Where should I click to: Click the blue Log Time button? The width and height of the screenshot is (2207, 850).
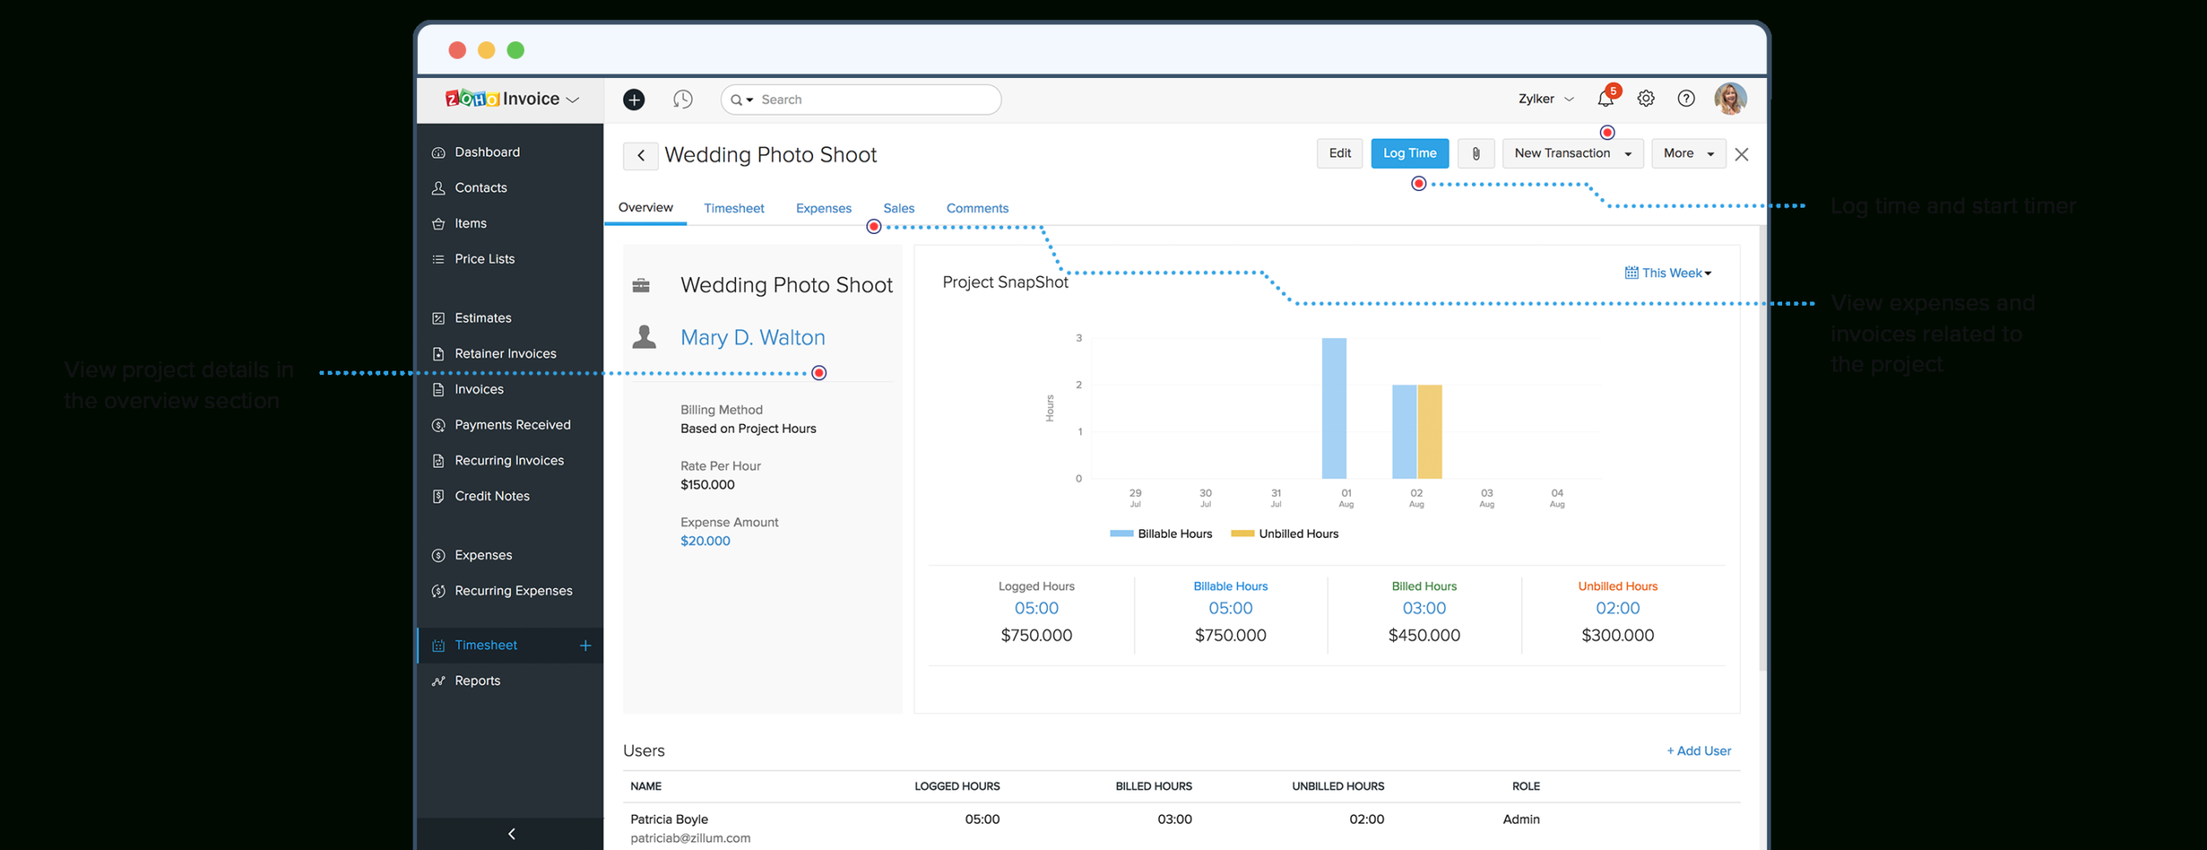point(1409,153)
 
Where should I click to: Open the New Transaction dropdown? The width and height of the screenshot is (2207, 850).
point(1572,153)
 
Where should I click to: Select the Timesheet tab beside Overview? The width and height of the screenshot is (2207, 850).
point(733,209)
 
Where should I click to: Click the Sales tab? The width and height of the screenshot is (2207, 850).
point(898,209)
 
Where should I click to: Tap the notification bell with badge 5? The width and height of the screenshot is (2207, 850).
point(1605,99)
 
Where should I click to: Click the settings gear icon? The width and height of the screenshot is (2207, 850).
point(1645,99)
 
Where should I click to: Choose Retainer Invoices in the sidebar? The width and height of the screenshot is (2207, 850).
point(505,354)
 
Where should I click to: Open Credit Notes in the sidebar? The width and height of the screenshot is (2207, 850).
point(492,496)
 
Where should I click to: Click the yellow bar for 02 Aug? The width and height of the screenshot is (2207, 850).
point(1429,432)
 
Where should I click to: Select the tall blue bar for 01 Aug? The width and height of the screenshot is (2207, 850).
point(1333,408)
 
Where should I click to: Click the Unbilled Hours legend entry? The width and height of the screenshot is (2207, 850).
point(1285,534)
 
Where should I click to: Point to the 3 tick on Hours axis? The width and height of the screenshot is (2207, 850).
point(1079,338)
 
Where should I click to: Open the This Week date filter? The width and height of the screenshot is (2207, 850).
point(1667,273)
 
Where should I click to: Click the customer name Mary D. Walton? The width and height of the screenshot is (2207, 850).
point(752,337)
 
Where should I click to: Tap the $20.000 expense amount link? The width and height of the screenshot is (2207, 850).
point(704,542)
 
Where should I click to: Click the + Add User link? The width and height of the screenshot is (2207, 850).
point(1698,751)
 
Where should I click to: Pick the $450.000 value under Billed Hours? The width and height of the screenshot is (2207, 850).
point(1423,635)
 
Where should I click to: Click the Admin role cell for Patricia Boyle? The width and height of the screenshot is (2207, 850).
point(1520,819)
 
